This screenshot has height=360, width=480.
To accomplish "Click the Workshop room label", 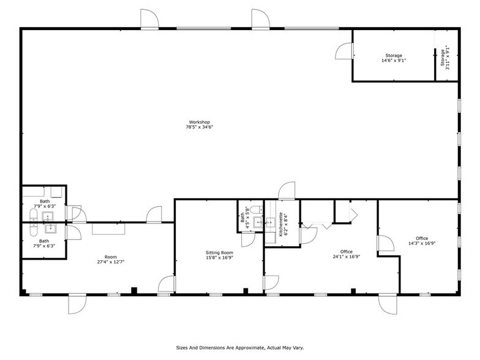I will point(200,122).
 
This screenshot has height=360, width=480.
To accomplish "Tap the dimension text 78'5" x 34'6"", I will point(200,128).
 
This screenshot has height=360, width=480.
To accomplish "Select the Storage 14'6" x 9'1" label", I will point(394,58).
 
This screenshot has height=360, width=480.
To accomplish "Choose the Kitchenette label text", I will point(282,224).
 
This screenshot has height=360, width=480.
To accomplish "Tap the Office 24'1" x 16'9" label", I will point(347,254).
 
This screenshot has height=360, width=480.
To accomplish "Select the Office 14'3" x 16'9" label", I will point(421,241).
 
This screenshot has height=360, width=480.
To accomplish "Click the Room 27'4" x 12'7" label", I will point(110,260).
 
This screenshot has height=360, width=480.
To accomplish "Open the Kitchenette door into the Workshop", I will point(287,192).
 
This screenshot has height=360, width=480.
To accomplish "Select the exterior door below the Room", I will point(77,304).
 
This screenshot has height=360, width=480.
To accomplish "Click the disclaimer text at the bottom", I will point(239,347).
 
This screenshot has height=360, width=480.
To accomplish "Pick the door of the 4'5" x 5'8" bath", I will point(248,239).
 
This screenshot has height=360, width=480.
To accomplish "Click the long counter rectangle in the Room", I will point(109,228).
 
